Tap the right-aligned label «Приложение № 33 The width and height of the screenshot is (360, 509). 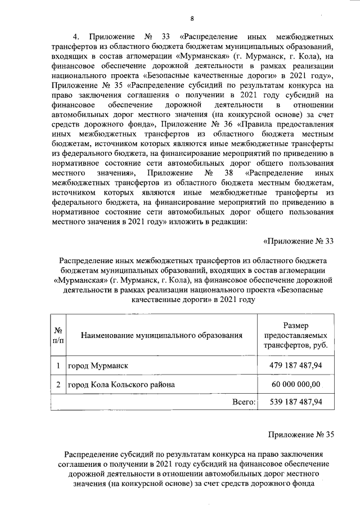(299, 241)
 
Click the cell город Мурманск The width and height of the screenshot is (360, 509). (98, 366)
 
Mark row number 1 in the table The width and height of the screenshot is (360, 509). (58, 366)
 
